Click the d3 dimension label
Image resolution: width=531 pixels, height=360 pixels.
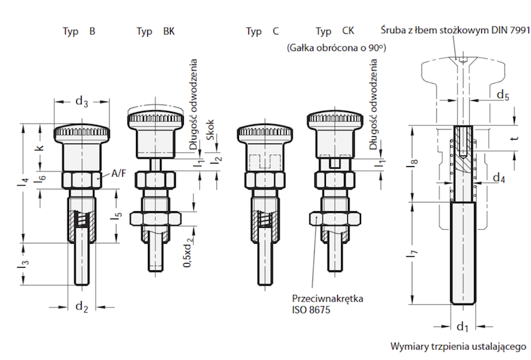pyautogui.click(x=82, y=102)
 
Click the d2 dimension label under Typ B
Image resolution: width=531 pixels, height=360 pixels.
pyautogui.click(x=82, y=307)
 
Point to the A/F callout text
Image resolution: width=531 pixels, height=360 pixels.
pyautogui.click(x=119, y=173)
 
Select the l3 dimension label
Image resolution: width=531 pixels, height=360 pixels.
pyautogui.click(x=23, y=265)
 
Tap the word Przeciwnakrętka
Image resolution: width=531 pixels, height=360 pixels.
pyautogui.click(x=327, y=298)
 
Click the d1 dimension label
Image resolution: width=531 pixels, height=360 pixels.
pyautogui.click(x=463, y=326)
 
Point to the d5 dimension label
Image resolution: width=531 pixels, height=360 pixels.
pyautogui.click(x=504, y=95)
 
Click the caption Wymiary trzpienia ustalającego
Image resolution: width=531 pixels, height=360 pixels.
pyautogui.click(x=458, y=346)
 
